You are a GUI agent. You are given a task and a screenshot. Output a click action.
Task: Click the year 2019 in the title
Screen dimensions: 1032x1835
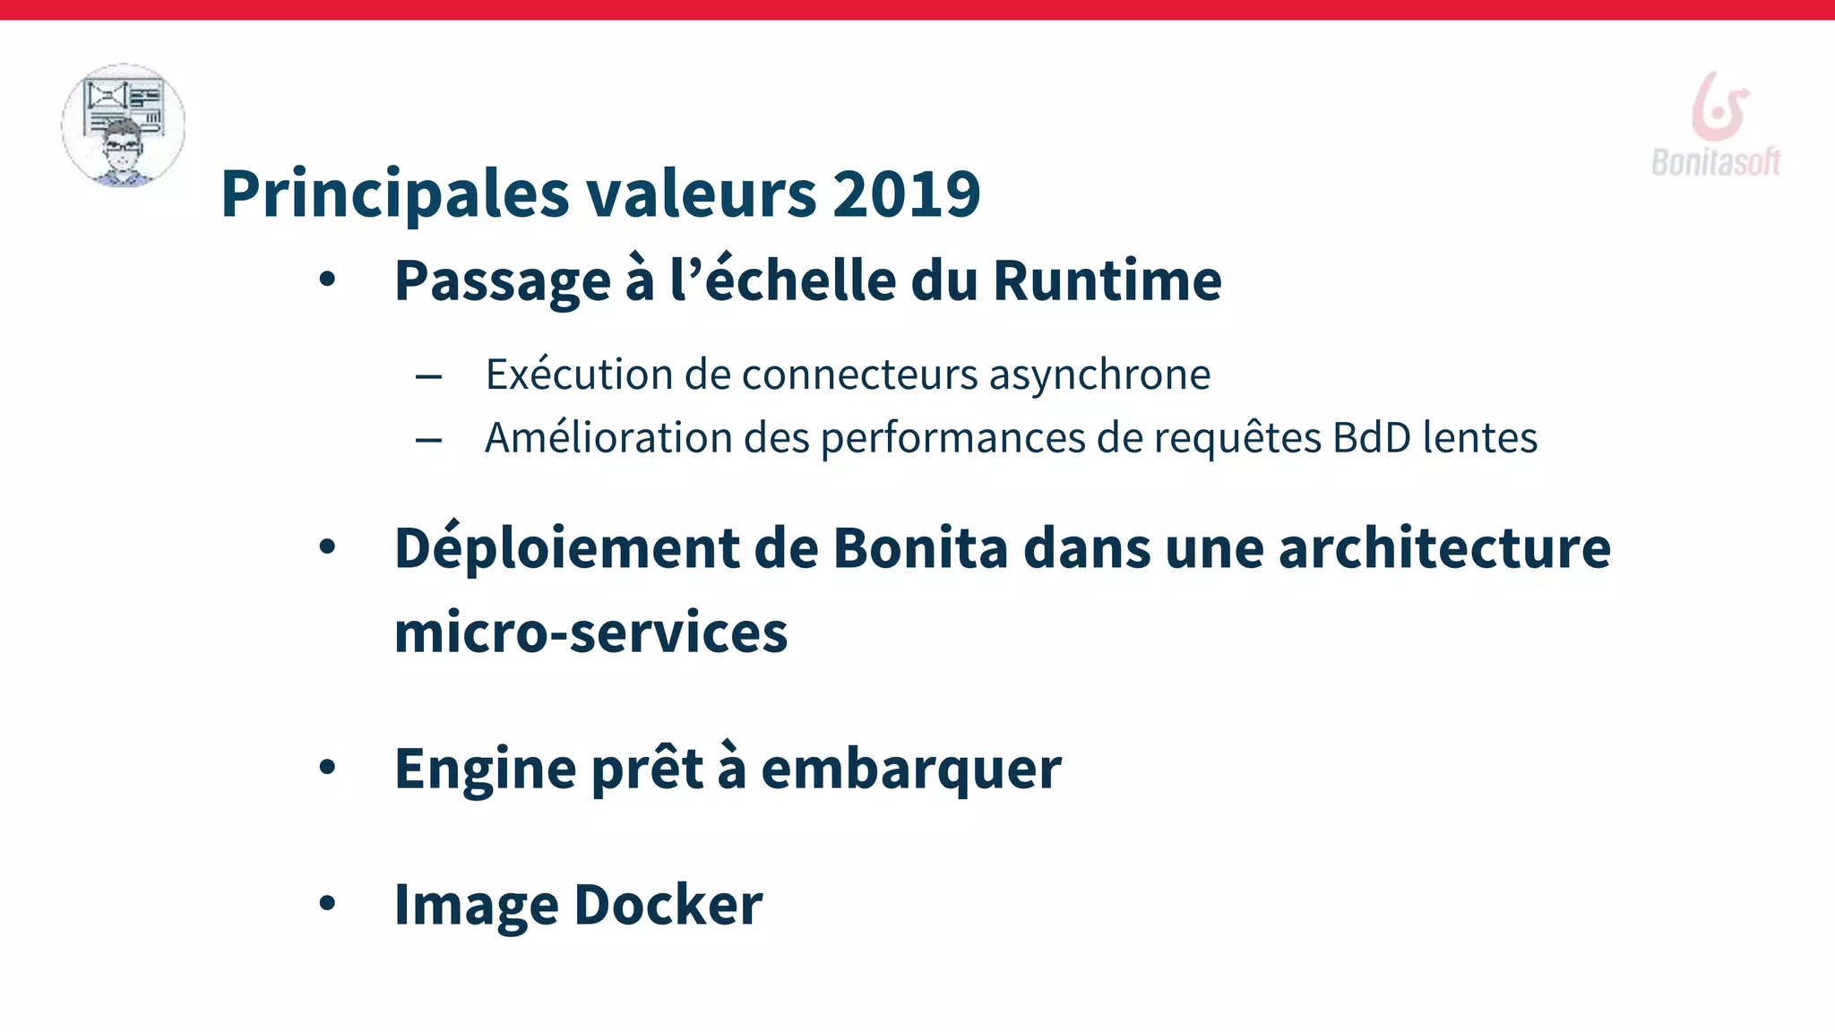906,193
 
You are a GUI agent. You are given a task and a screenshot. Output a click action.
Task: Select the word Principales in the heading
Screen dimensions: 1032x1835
395,193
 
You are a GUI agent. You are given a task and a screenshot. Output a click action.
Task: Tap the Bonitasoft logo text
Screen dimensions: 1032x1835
1715,162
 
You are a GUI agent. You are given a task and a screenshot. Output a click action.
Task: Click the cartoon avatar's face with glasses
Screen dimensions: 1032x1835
123,149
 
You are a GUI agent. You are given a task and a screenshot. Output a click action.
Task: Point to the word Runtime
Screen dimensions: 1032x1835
1107,280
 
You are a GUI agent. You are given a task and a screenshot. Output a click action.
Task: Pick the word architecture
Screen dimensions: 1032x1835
1444,547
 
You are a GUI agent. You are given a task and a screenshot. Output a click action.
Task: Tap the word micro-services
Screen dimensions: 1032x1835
590,632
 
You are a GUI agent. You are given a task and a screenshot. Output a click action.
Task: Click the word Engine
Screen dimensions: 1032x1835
486,770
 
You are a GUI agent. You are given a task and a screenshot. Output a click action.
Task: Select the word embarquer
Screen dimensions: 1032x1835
911,770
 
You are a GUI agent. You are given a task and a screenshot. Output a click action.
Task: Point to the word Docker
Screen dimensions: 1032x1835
668,905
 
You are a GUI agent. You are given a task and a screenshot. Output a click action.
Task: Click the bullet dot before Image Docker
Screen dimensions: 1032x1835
327,904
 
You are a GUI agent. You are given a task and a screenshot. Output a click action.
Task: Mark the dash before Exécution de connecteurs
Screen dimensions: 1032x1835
428,376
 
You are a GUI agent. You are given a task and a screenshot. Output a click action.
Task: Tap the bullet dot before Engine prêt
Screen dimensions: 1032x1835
327,768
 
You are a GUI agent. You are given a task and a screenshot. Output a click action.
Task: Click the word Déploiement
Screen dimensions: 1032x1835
567,547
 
